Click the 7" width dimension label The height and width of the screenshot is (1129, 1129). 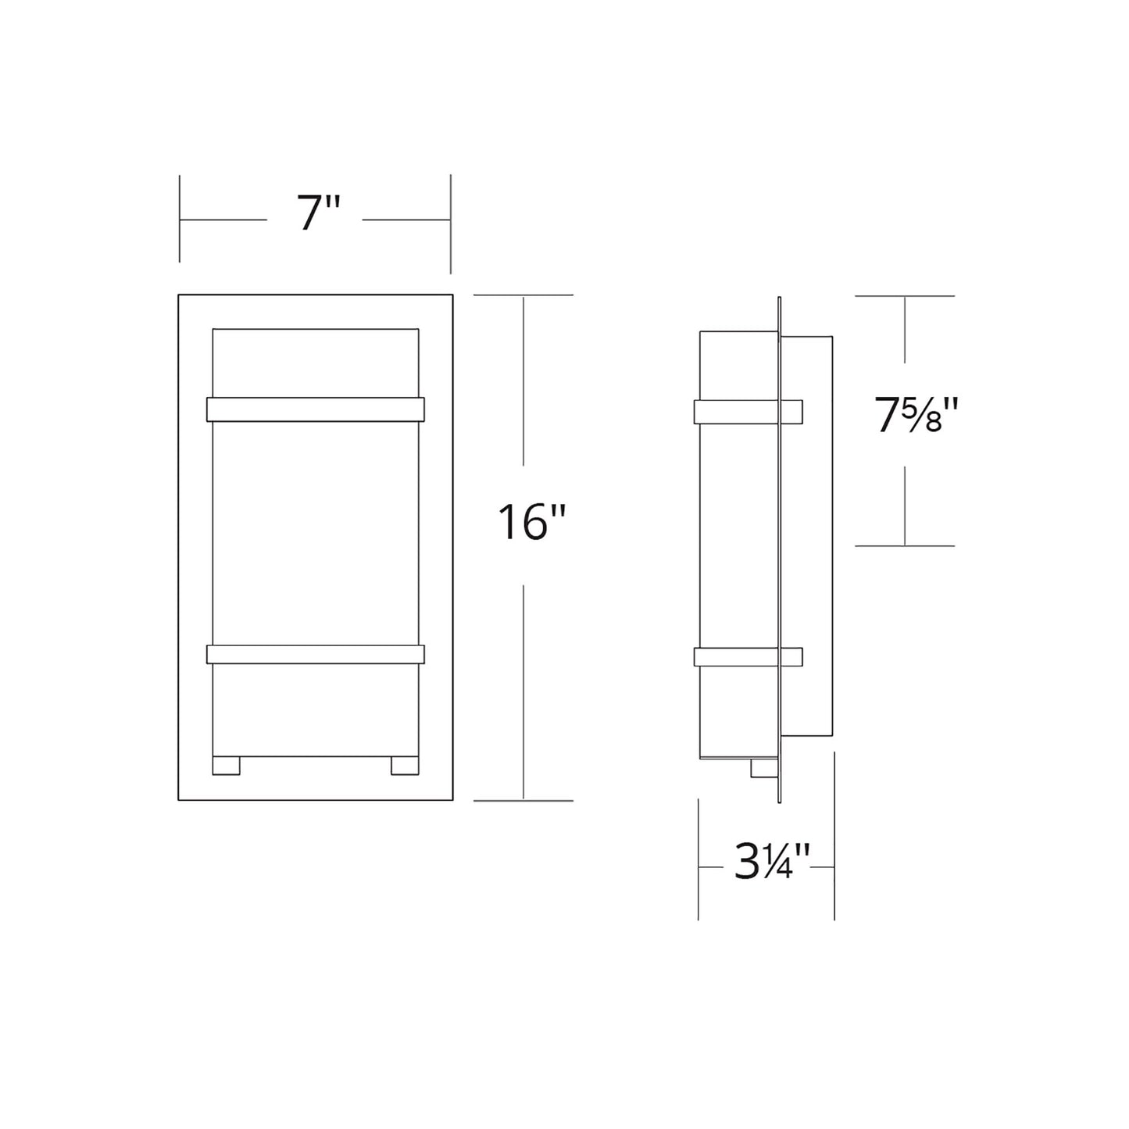pyautogui.click(x=318, y=212)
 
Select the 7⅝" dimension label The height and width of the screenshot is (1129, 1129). pyautogui.click(x=916, y=414)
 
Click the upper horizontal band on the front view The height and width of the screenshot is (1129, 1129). pyautogui.click(x=315, y=409)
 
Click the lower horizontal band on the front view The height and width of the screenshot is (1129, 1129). pyautogui.click(x=315, y=655)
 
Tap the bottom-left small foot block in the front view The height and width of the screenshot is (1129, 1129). pyautogui.click(x=226, y=766)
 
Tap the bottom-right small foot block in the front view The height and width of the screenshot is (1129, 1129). pyautogui.click(x=405, y=766)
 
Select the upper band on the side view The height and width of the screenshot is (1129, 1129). pyautogui.click(x=748, y=411)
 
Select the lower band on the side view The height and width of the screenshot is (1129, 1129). pyautogui.click(x=748, y=657)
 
